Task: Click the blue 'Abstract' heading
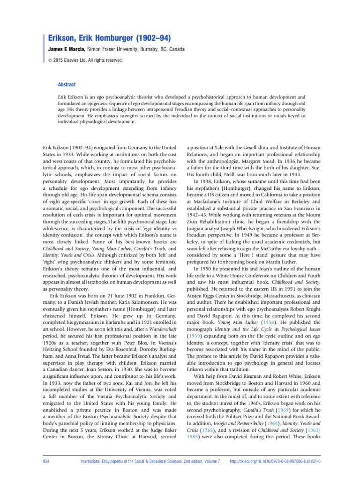(x=66, y=84)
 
